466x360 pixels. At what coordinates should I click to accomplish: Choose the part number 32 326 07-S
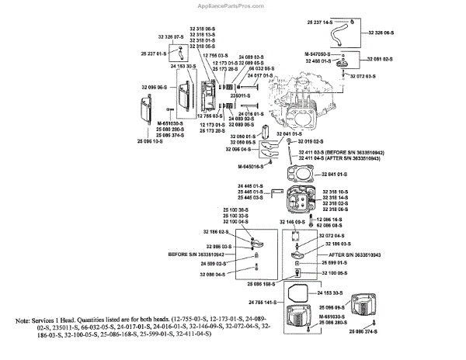tap(169, 37)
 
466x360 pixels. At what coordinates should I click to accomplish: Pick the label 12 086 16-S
tap(333, 220)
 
